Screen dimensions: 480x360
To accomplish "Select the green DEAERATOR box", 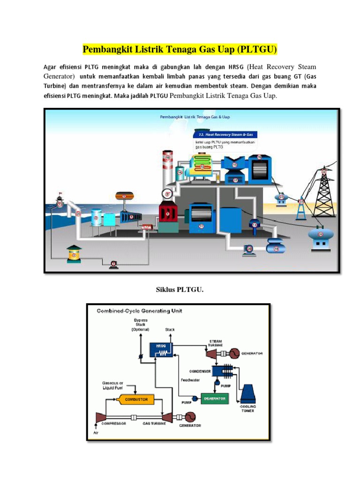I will [215, 398].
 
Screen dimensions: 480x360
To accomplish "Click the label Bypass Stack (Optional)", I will [140, 325].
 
